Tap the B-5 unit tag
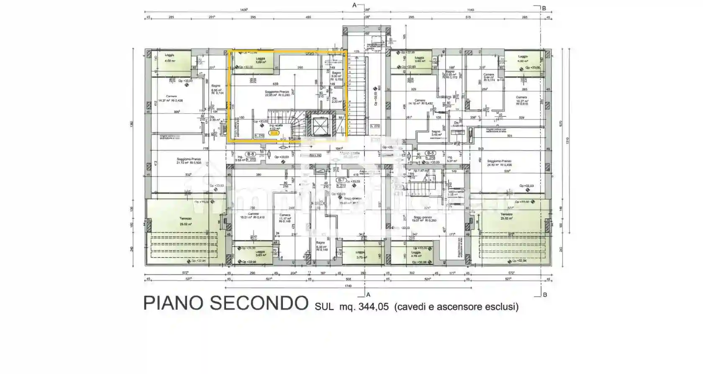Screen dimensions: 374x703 431,153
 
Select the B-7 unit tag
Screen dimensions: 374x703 341,180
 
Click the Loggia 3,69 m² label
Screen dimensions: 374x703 261,61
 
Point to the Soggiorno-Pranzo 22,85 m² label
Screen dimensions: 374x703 277,93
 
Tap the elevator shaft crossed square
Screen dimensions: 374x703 321,124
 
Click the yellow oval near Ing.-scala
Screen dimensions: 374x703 274,133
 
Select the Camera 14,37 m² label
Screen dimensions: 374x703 171,98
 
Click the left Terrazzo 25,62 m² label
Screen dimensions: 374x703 185,221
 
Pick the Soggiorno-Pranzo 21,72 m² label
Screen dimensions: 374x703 189,161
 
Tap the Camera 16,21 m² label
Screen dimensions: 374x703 252,215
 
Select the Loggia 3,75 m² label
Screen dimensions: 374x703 360,255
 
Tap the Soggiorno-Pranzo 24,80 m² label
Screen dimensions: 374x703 499,163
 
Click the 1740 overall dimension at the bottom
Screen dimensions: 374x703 348,286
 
